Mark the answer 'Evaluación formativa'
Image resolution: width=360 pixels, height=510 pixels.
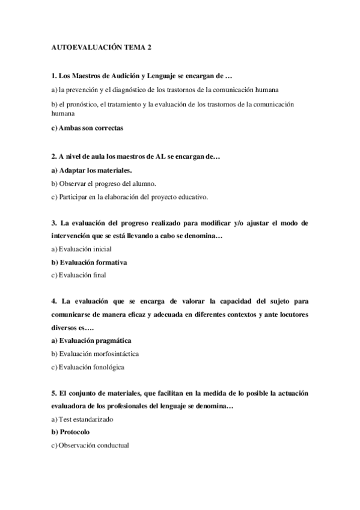89,262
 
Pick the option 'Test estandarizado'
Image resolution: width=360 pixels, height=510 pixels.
82,419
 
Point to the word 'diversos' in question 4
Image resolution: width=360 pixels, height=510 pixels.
64,327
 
